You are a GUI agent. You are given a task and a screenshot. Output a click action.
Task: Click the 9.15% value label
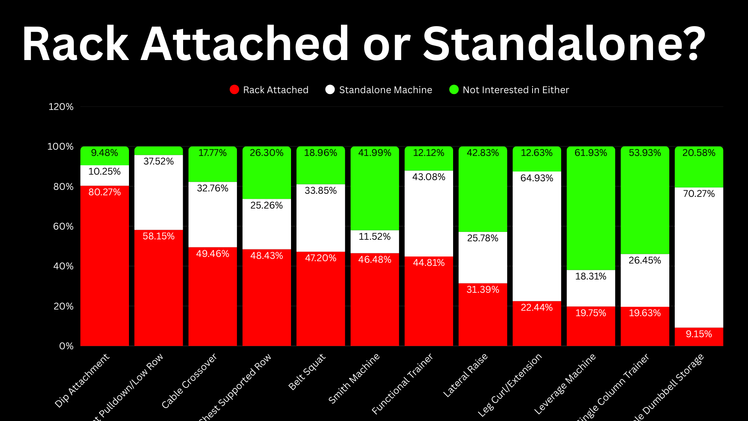point(699,334)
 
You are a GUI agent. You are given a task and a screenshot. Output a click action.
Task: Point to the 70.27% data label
point(699,194)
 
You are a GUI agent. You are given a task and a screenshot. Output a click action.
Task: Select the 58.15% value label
point(159,236)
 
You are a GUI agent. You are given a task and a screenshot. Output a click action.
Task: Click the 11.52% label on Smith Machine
point(374,237)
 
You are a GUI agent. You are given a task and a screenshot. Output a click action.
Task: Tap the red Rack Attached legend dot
point(234,90)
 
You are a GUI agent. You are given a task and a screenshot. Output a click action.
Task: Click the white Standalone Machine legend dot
point(330,90)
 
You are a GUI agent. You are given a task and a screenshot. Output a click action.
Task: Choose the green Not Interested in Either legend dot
point(454,90)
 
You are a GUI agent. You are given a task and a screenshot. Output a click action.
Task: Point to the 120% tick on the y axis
point(61,107)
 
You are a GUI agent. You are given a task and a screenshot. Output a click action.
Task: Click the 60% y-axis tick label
point(63,226)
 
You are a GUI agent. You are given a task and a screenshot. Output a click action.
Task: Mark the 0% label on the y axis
point(66,346)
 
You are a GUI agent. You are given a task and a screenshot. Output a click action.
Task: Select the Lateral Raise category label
point(466,375)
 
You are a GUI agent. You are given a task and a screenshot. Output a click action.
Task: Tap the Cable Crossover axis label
point(189,381)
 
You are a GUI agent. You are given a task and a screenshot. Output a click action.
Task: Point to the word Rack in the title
point(76,44)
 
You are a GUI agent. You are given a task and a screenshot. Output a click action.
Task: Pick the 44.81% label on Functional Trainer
point(429,263)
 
